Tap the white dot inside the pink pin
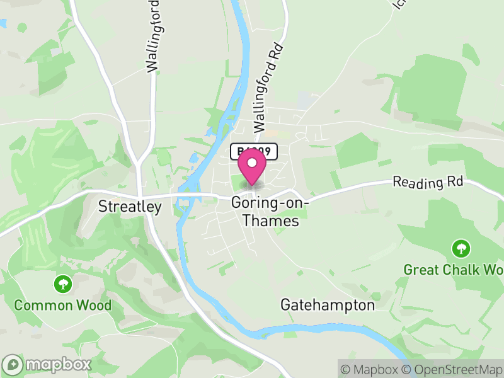(x=253, y=163)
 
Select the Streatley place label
(x=130, y=207)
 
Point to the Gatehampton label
(x=327, y=305)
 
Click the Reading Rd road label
(x=428, y=182)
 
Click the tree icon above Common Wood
(x=62, y=283)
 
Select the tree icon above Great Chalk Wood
(x=461, y=248)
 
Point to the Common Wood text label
(x=62, y=306)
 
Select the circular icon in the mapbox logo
(x=14, y=365)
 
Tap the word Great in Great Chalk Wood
(x=421, y=270)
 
